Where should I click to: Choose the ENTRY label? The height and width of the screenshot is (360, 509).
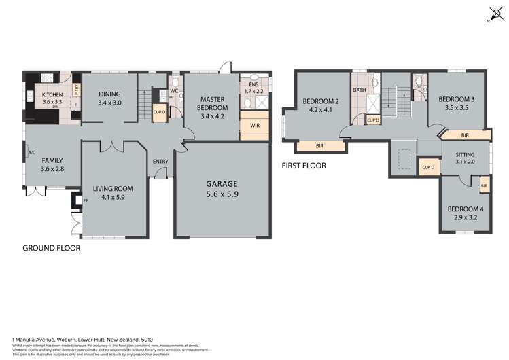click(x=160, y=161)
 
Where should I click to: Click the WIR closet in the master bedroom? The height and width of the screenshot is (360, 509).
click(x=255, y=126)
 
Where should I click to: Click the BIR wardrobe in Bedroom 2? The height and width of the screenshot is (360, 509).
click(x=320, y=146)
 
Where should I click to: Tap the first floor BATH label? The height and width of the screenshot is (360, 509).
click(x=359, y=90)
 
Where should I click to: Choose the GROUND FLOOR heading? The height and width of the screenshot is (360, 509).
click(x=52, y=249)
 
